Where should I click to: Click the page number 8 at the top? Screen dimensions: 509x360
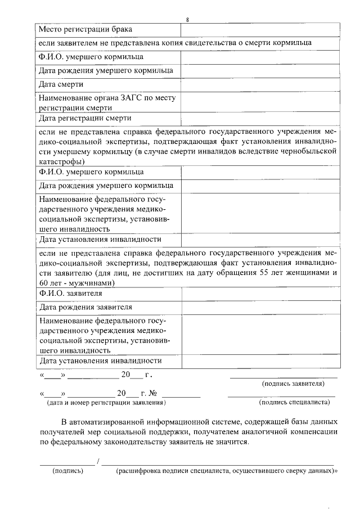pos(187,20)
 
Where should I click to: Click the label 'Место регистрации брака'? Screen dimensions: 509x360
pos(84,29)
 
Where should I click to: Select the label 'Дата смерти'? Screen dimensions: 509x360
pos(61,84)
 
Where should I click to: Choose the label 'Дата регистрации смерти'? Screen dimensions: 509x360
pos(85,118)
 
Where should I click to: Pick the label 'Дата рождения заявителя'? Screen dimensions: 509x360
pos(85,307)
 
